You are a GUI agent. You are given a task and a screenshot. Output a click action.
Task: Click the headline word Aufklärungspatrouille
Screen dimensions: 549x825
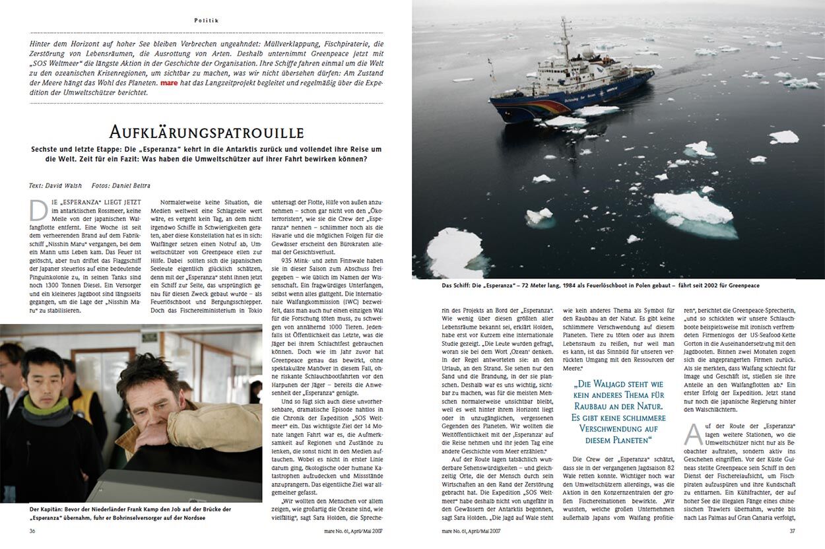click(206, 131)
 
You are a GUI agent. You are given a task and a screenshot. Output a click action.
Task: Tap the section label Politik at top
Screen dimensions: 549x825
click(206, 21)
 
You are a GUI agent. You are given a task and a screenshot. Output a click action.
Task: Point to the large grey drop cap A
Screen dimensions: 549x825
click(693, 434)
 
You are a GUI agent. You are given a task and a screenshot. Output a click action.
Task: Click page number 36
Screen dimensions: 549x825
click(33, 530)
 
